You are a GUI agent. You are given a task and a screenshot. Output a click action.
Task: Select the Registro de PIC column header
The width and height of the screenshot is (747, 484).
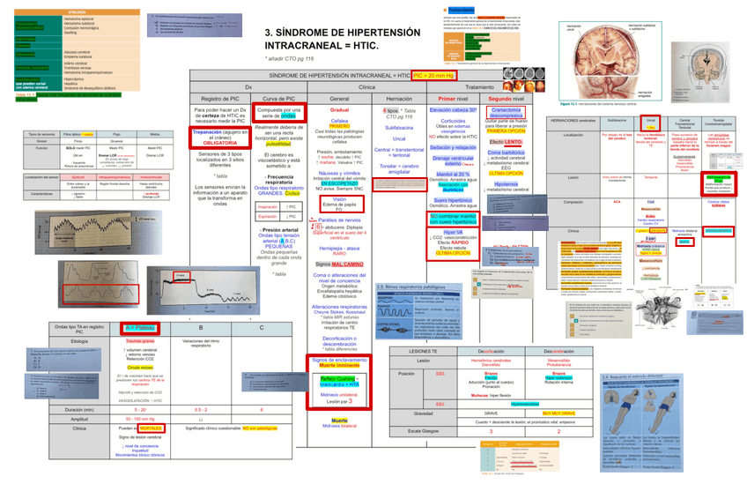pos(215,99)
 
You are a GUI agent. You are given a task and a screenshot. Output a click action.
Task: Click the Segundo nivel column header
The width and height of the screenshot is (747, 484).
pos(506,99)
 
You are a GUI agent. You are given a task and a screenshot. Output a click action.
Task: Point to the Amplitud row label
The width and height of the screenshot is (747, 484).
pos(78,419)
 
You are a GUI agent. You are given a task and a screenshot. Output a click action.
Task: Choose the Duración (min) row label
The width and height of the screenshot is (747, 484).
pos(78,410)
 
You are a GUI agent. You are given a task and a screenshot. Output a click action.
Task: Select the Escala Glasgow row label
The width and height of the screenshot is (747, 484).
pos(422,429)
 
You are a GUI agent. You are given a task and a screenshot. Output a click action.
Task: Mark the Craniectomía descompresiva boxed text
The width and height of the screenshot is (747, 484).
pos(507,112)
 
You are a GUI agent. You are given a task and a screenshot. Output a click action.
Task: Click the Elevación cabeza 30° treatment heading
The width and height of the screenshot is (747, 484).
pos(454,109)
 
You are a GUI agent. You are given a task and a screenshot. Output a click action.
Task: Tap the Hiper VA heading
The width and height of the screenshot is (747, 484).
pos(453,231)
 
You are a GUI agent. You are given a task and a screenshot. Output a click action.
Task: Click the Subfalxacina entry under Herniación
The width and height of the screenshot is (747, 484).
pos(399,127)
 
